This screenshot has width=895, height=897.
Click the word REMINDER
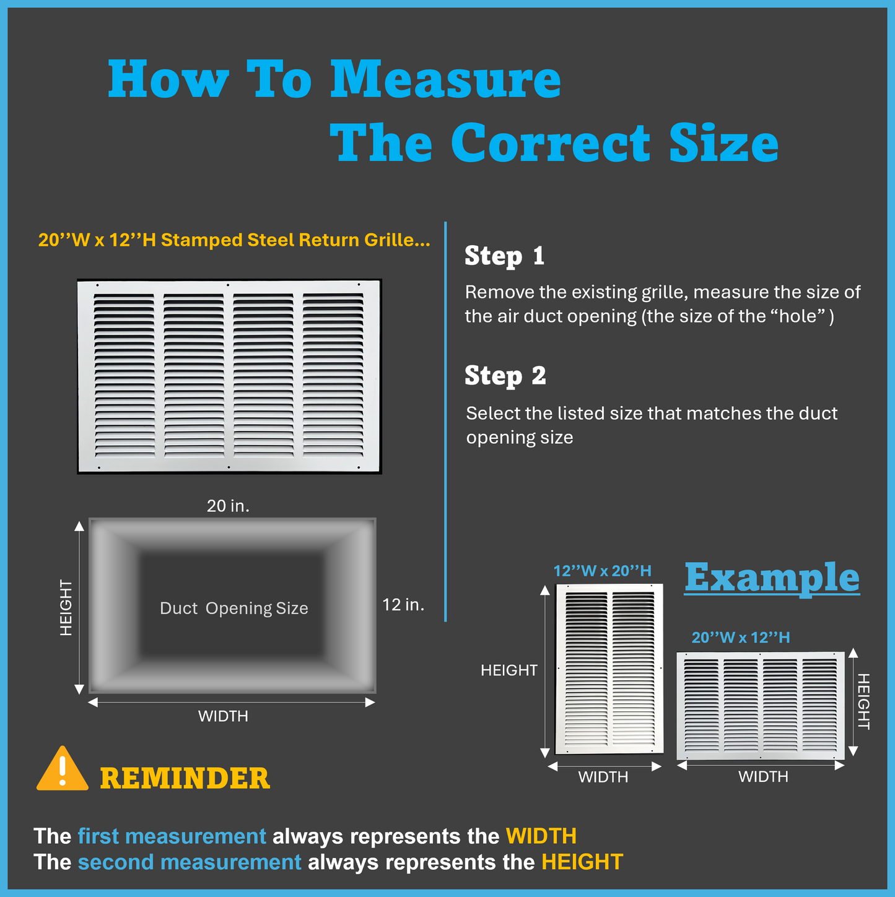click(185, 779)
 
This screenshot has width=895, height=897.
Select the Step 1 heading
click(504, 256)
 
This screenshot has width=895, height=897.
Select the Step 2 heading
click(505, 376)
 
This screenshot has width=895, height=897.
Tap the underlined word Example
click(772, 578)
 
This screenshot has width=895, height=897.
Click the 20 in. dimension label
click(228, 506)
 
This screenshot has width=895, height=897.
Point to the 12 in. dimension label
click(403, 605)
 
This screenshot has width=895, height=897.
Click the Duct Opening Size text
click(234, 609)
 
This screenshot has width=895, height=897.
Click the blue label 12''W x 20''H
click(602, 571)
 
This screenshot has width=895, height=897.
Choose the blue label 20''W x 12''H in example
click(741, 638)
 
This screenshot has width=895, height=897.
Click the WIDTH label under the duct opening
click(223, 716)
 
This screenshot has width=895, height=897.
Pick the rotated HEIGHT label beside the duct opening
click(66, 607)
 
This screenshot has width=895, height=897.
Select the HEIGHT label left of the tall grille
click(509, 670)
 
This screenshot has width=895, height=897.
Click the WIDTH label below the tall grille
click(603, 777)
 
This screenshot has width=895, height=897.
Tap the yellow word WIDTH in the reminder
click(541, 836)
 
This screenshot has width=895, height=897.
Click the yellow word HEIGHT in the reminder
click(582, 862)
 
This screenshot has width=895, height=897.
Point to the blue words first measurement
click(172, 836)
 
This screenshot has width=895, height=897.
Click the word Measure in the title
click(445, 79)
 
